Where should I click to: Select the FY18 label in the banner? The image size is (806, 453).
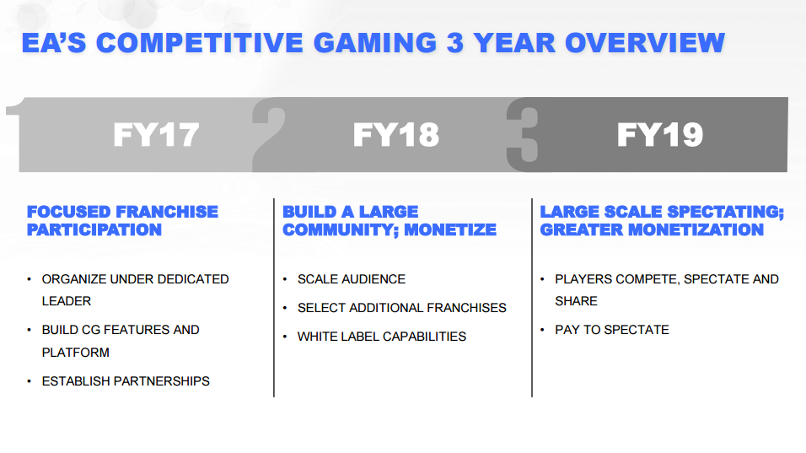coord(395,135)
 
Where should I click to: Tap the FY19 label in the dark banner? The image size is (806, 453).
coord(659,135)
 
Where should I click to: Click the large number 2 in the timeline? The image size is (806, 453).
coord(269,135)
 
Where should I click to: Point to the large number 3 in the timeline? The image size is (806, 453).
coord(522,135)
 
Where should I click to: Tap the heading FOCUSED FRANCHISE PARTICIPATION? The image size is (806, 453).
coord(122,220)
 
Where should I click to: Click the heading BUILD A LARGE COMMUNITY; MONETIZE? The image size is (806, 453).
coord(389,220)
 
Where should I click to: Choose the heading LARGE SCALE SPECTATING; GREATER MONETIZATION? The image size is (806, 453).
coord(662,220)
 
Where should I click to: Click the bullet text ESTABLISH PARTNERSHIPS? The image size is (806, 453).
coord(126,381)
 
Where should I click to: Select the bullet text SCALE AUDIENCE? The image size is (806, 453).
coord(351,279)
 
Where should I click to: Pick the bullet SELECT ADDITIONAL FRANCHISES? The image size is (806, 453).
coord(401,308)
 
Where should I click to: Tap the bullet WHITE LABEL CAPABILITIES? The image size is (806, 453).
coord(381,337)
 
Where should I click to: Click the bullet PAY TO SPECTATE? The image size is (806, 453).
coord(611,330)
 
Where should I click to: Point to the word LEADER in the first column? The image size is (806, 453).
coord(67,301)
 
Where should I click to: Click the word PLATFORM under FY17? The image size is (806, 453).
coord(76,353)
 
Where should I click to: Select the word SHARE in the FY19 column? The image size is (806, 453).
coord(576,301)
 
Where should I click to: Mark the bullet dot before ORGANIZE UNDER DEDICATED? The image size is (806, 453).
coord(30,279)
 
